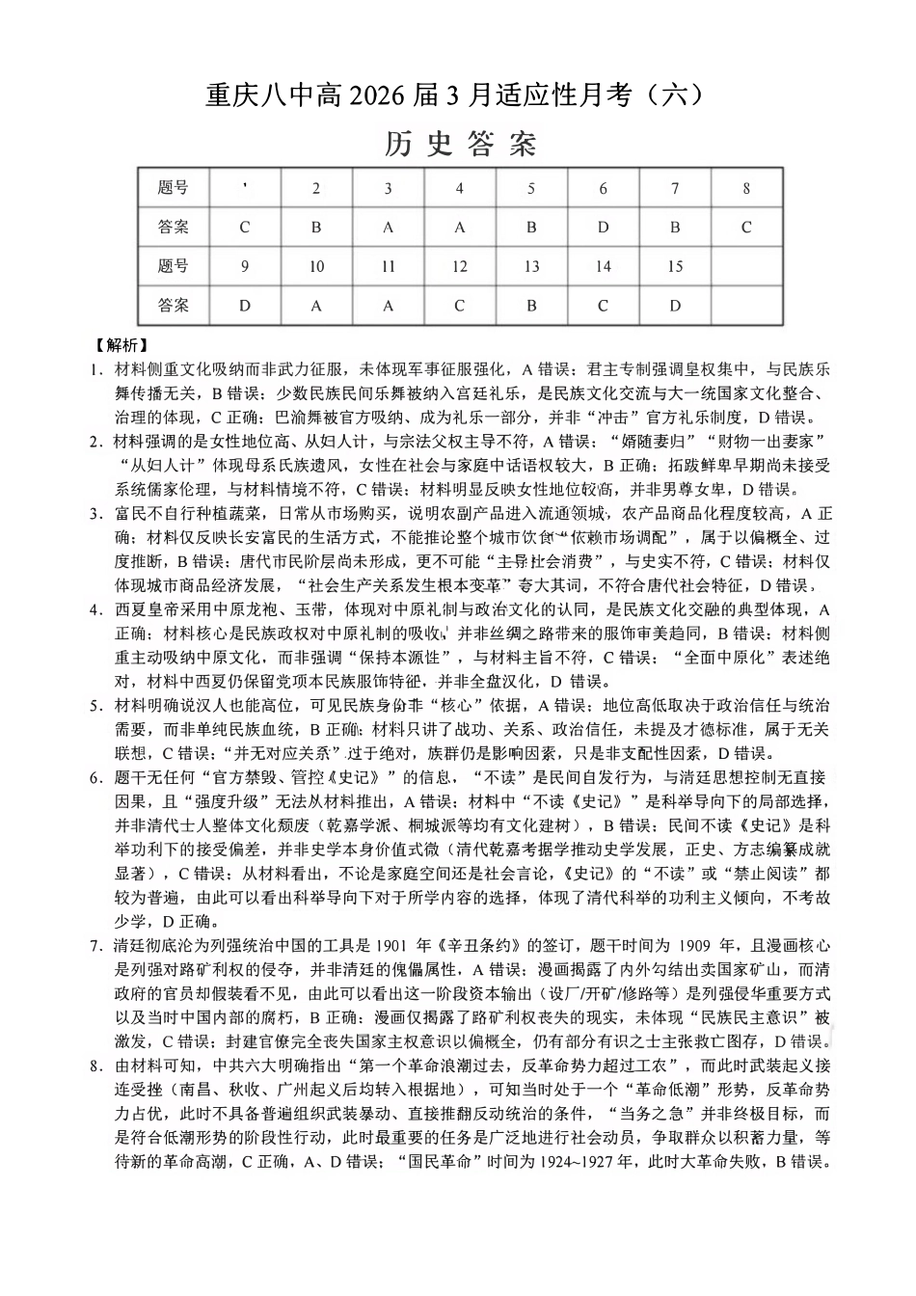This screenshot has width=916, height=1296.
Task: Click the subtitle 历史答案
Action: click(x=458, y=145)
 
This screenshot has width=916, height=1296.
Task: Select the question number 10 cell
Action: click(x=316, y=267)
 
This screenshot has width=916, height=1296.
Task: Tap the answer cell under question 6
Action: click(x=603, y=228)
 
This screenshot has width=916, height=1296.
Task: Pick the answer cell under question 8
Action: click(x=745, y=228)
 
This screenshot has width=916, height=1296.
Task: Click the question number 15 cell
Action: click(x=674, y=267)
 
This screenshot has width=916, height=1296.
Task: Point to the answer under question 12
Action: click(x=459, y=306)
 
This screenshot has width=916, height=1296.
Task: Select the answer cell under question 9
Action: click(x=244, y=306)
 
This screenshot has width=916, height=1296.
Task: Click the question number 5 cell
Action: click(x=531, y=188)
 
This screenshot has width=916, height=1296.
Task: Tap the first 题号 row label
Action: click(x=174, y=188)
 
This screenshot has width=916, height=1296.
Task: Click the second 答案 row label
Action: click(x=174, y=306)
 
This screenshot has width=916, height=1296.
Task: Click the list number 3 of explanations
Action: click(x=94, y=513)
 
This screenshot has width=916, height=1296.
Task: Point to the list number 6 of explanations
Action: click(x=94, y=777)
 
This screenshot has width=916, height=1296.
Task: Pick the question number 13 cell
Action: click(x=531, y=267)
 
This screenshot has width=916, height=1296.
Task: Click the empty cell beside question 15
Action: click(x=745, y=267)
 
